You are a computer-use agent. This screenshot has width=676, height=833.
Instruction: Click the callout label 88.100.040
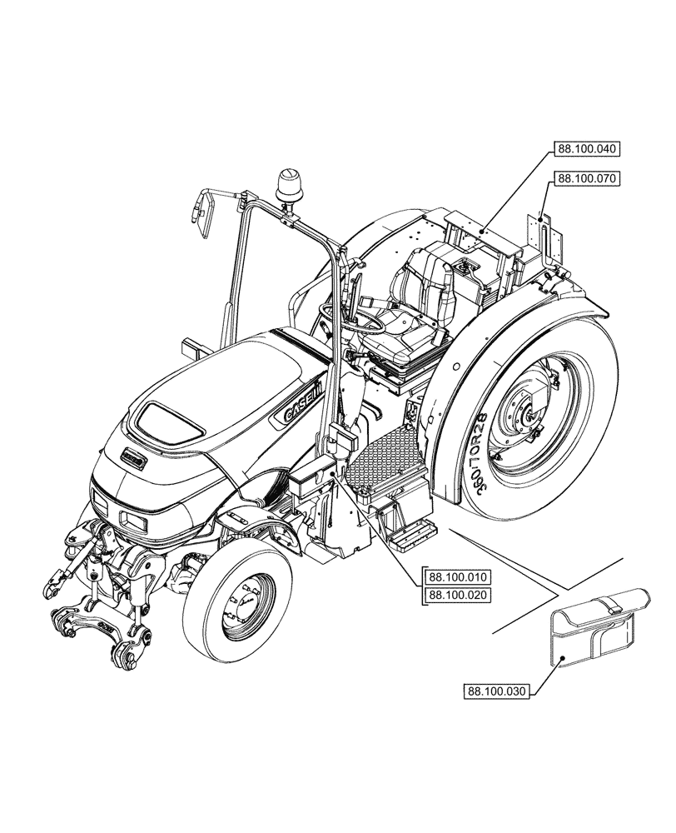tap(585, 150)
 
